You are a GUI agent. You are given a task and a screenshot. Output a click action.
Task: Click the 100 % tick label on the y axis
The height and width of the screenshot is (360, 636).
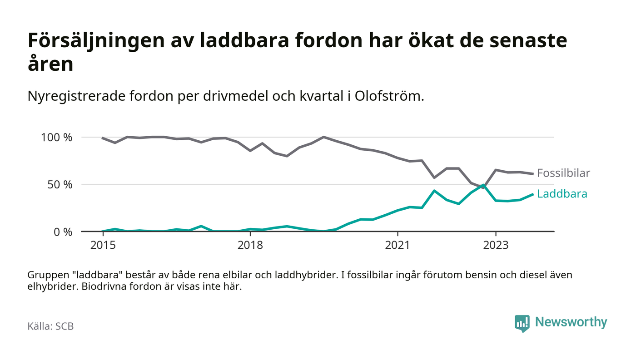(x=56, y=137)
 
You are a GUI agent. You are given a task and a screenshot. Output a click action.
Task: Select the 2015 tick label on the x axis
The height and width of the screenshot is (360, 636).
(x=103, y=246)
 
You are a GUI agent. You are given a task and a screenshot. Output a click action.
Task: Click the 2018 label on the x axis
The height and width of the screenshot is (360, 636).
(x=250, y=246)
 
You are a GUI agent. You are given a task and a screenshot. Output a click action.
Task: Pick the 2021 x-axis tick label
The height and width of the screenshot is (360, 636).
(x=397, y=246)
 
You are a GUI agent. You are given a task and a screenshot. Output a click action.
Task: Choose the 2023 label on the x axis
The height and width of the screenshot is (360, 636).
(x=496, y=246)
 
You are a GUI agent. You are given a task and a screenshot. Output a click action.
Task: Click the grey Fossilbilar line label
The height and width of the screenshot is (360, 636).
(x=563, y=173)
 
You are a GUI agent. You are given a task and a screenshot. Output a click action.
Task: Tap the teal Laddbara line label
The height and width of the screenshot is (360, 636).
(x=562, y=194)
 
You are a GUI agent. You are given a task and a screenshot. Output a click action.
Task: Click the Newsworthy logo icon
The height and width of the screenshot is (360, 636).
(x=522, y=323)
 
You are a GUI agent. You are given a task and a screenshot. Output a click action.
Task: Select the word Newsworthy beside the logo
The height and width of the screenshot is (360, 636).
(x=571, y=322)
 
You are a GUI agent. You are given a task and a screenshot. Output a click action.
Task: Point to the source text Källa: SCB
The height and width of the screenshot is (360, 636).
(x=50, y=326)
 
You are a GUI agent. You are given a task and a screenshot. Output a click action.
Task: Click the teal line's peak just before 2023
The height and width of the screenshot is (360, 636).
(x=483, y=185)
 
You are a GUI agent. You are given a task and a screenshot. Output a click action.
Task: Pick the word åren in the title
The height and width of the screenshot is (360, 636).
(x=50, y=64)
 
